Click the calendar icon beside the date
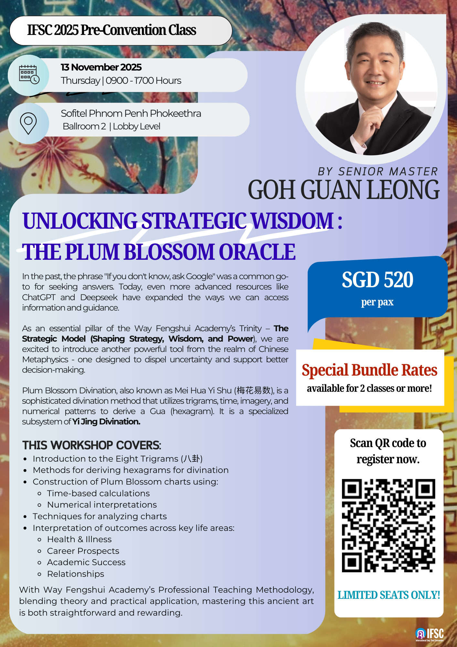pyautogui.click(x=29, y=75)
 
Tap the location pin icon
pyautogui.click(x=28, y=123)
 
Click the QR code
pyautogui.click(x=388, y=525)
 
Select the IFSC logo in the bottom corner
pyautogui.click(x=430, y=634)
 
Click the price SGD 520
pyautogui.click(x=377, y=280)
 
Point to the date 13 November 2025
pyautogui.click(x=101, y=67)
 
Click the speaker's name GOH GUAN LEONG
pyautogui.click(x=344, y=190)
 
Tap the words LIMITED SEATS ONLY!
pyautogui.click(x=389, y=595)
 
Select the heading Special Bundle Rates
pyautogui.click(x=369, y=370)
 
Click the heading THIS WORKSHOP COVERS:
pyautogui.click(x=92, y=445)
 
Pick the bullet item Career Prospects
pyautogui.click(x=83, y=551)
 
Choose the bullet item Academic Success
pyautogui.click(x=86, y=562)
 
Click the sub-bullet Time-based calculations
pyautogui.click(x=99, y=493)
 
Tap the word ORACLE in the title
pyautogui.click(x=257, y=252)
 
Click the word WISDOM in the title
pyautogui.click(x=292, y=221)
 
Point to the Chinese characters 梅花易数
pyautogui.click(x=253, y=390)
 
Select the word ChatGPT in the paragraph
pyautogui.click(x=39, y=298)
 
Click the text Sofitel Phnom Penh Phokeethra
pyautogui.click(x=131, y=114)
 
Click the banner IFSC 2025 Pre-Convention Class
pyautogui.click(x=112, y=30)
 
